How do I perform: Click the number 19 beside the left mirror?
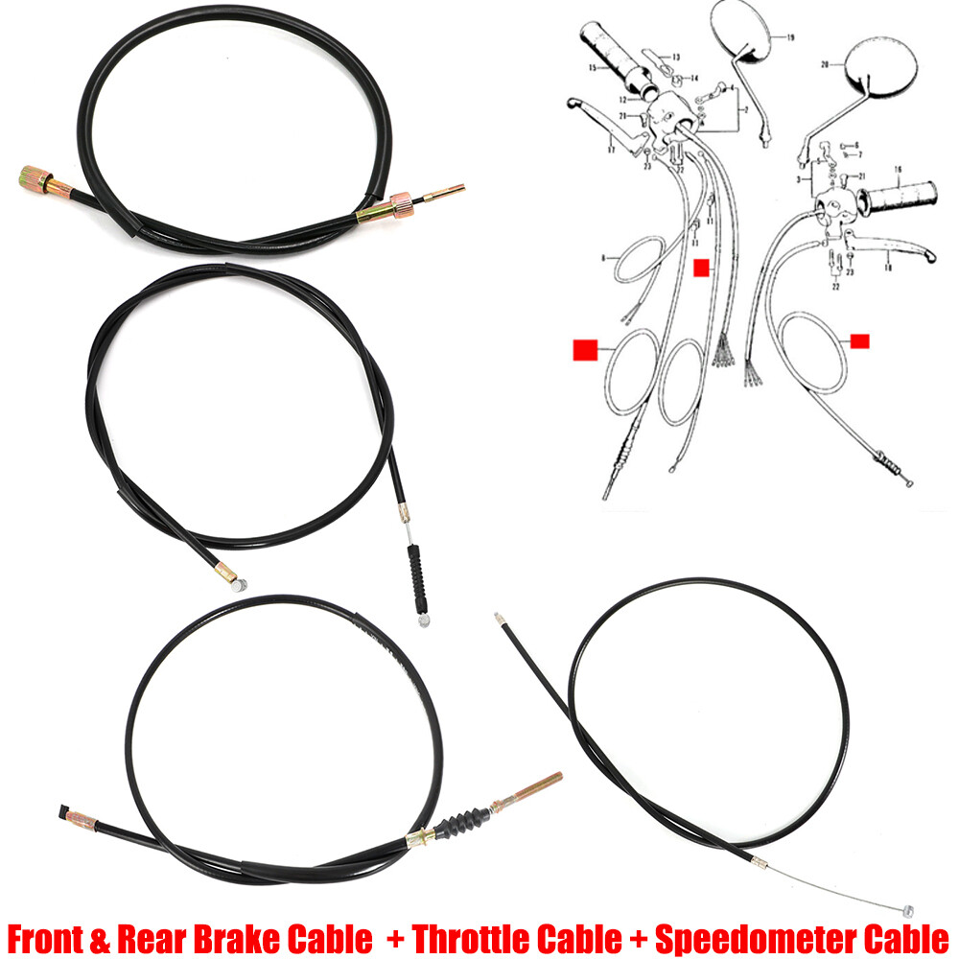tap(789, 38)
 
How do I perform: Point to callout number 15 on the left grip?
tap(593, 68)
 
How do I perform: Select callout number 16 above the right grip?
tap(899, 170)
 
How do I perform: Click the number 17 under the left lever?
tap(609, 149)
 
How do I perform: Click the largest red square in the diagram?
tap(584, 349)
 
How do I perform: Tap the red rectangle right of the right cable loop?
tap(860, 339)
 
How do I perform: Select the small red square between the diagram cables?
tap(701, 267)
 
